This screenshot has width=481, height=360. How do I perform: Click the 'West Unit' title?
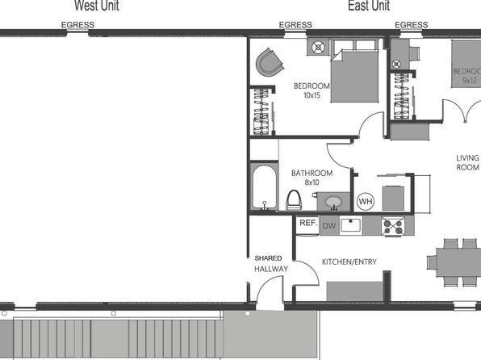[x=97, y=6]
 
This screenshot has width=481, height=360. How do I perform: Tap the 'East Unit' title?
[x=369, y=6]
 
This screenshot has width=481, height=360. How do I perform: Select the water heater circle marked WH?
[x=366, y=202]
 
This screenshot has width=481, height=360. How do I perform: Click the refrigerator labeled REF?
[x=308, y=225]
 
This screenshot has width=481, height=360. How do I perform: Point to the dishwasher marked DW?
[x=329, y=226]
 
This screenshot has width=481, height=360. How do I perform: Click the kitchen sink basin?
[x=351, y=225]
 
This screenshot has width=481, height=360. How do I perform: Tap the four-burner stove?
[x=393, y=226]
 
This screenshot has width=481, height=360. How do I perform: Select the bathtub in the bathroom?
[x=264, y=187]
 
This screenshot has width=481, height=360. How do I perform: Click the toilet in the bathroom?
[x=294, y=200]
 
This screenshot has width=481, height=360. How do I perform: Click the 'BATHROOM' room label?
[x=312, y=173]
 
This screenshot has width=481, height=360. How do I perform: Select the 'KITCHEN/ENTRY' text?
[x=349, y=262]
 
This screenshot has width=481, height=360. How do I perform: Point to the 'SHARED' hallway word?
[x=268, y=258]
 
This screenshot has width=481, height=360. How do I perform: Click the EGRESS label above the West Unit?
[x=77, y=25]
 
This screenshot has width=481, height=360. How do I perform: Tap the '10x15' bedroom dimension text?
[x=312, y=95]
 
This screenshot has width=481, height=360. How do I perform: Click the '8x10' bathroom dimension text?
[x=312, y=182]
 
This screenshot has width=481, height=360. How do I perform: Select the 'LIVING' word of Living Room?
[x=467, y=158]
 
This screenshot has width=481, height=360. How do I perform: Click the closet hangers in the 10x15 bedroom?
[x=261, y=111]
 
